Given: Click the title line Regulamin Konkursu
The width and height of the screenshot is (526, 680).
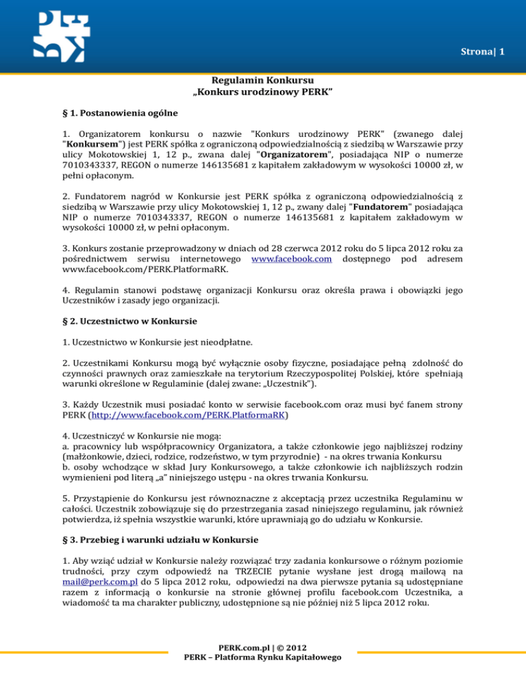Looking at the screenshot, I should pyautogui.click(x=263, y=81).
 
